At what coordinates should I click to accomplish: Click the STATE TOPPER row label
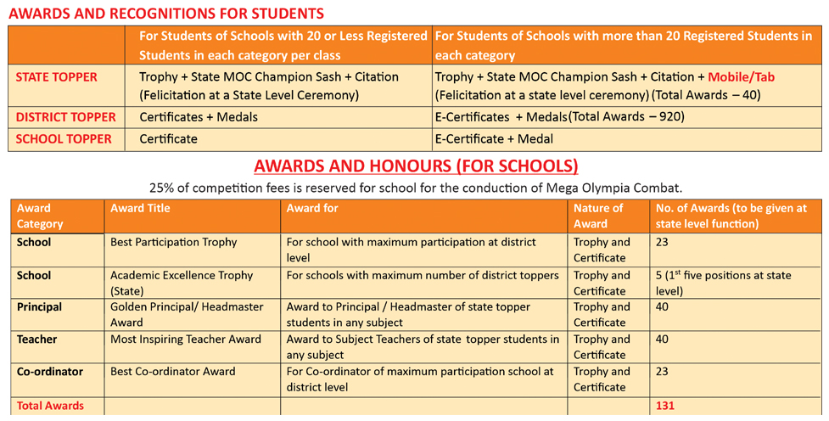(57, 77)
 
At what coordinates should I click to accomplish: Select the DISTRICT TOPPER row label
(66, 117)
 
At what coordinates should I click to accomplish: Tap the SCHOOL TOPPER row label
(64, 138)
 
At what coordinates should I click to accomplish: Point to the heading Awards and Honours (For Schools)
(416, 166)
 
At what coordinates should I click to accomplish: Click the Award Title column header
(140, 208)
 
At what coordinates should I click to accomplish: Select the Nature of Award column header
(598, 216)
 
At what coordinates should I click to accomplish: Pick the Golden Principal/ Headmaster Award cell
(187, 314)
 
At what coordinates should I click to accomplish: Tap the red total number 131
(665, 406)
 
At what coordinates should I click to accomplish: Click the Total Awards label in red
(50, 406)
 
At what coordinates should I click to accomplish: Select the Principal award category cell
(39, 307)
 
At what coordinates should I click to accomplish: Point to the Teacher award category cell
(36, 340)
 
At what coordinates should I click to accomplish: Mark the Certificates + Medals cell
(199, 117)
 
